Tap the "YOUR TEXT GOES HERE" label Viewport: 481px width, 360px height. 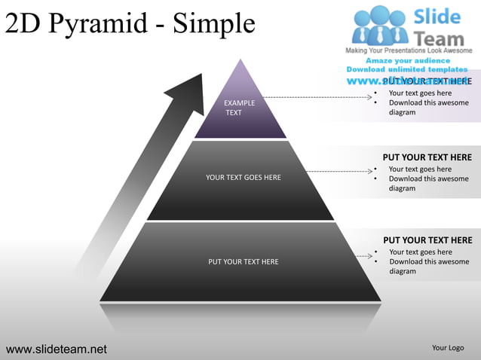tap(243, 178)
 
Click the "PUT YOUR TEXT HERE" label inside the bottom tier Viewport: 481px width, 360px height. tap(243, 262)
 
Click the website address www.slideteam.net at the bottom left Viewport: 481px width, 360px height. tap(57, 349)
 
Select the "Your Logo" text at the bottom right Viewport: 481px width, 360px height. tap(448, 348)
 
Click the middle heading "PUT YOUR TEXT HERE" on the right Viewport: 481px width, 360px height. tap(427, 157)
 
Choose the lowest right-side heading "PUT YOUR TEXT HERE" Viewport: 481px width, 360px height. tap(427, 240)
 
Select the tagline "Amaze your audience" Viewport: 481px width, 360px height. tap(408, 60)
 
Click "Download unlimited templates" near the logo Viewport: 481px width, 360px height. tap(408, 69)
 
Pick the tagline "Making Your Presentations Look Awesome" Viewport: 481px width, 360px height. tap(408, 50)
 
